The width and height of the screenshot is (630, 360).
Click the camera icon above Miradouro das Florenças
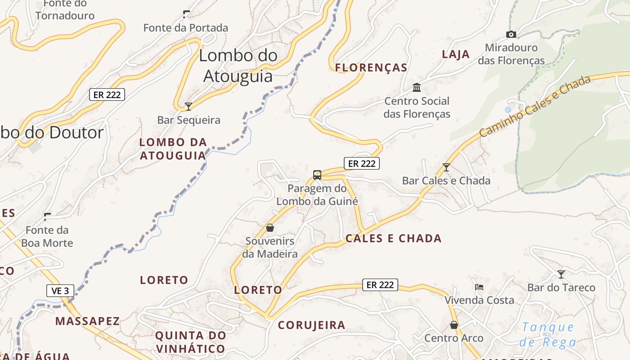(x=511, y=34)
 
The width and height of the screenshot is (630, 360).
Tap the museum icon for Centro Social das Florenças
(x=417, y=87)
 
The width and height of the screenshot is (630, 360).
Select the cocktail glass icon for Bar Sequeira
(x=189, y=107)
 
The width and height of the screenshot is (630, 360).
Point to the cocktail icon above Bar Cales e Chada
(x=446, y=167)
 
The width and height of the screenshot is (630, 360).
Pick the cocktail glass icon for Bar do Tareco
(x=561, y=274)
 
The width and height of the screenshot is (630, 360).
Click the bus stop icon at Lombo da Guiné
(x=317, y=175)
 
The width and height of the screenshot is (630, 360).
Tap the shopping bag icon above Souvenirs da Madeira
(x=270, y=228)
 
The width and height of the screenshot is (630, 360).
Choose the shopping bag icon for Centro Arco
(x=454, y=324)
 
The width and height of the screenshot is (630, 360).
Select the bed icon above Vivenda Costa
(x=479, y=287)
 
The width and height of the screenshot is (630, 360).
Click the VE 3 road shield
(x=60, y=291)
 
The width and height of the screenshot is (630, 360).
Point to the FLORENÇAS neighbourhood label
(x=371, y=68)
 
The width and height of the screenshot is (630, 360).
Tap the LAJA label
(x=455, y=54)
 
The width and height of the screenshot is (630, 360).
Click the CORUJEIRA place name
(x=311, y=325)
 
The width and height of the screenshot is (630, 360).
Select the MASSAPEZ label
(x=88, y=321)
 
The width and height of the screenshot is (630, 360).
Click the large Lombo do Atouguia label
(x=238, y=66)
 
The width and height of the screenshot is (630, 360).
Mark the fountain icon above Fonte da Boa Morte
(x=47, y=217)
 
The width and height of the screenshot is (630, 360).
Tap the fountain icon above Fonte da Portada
(x=186, y=14)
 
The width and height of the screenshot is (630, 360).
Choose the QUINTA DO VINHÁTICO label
(x=190, y=342)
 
